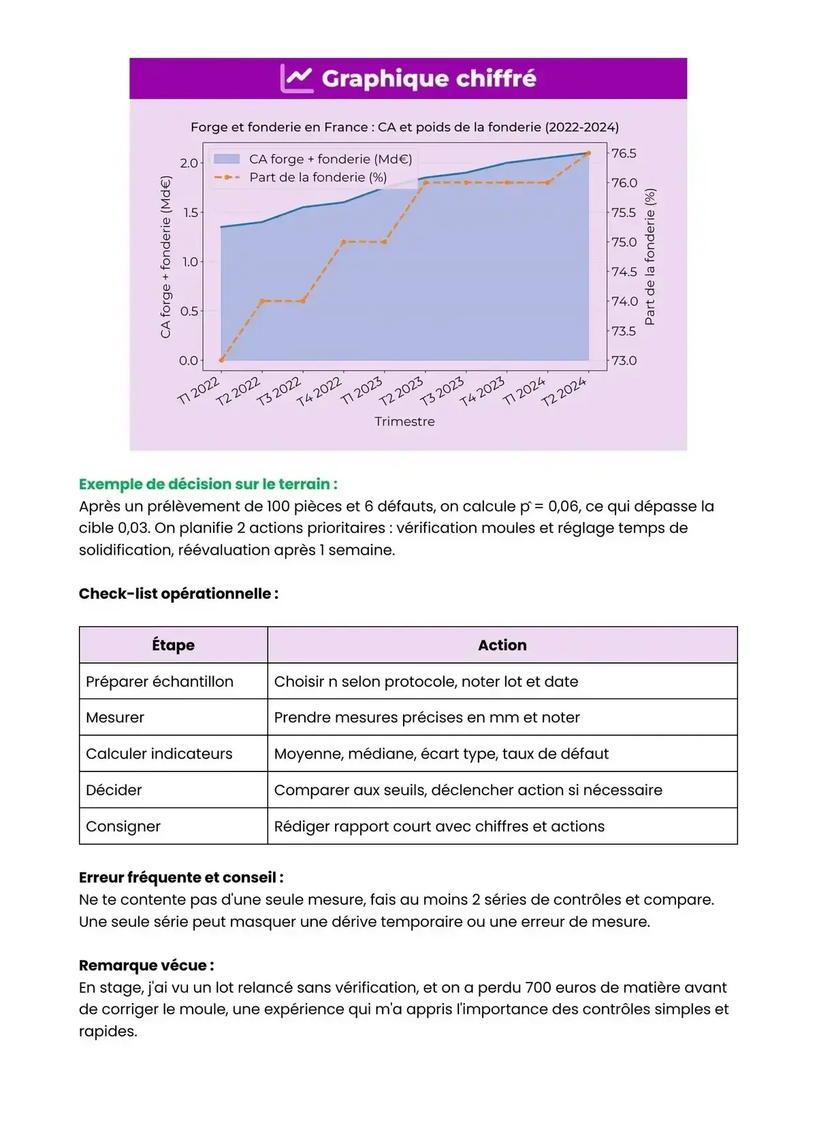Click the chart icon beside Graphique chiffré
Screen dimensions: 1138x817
tap(297, 79)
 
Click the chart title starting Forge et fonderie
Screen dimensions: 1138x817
tap(404, 127)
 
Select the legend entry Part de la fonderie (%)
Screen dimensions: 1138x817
tap(317, 177)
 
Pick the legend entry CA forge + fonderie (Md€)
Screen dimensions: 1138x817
tap(330, 159)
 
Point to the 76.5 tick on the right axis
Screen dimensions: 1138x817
tap(624, 153)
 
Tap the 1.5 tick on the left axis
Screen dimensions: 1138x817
tap(190, 213)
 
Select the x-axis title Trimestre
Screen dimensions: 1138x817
tap(404, 422)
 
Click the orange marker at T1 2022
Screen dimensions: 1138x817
tap(222, 360)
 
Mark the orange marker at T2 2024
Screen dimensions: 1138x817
tap(588, 153)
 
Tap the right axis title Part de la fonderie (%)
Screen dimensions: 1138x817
tap(650, 257)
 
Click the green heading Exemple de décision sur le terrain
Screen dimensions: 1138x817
tap(208, 485)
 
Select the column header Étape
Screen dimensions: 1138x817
tap(173, 645)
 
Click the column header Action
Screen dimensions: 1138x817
tap(502, 645)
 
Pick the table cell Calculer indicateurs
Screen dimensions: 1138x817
tap(159, 754)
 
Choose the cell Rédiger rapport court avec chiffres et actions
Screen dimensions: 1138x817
tap(438, 827)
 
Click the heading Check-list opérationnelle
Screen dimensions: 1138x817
tap(178, 594)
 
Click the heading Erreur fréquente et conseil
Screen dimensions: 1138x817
tap(181, 878)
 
